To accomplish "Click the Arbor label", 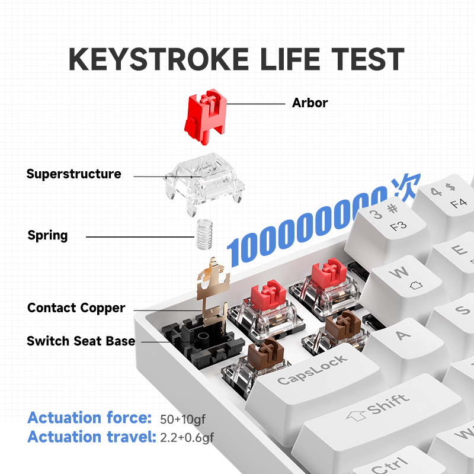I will tap(310, 103).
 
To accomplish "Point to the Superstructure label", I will tap(73, 174).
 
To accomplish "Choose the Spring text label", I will tap(47, 235).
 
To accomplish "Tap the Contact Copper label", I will tap(76, 308).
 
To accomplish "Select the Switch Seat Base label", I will tap(81, 341).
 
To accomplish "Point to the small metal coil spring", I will tap(204, 235).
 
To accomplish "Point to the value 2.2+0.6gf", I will tap(187, 438).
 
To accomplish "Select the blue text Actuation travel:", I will tap(90, 437).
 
